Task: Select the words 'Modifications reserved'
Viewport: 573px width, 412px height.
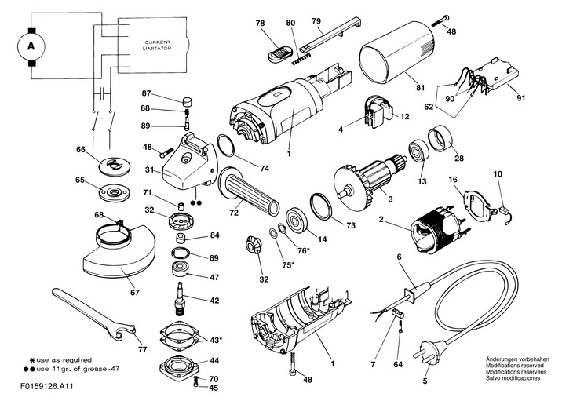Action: (x=502, y=365)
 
